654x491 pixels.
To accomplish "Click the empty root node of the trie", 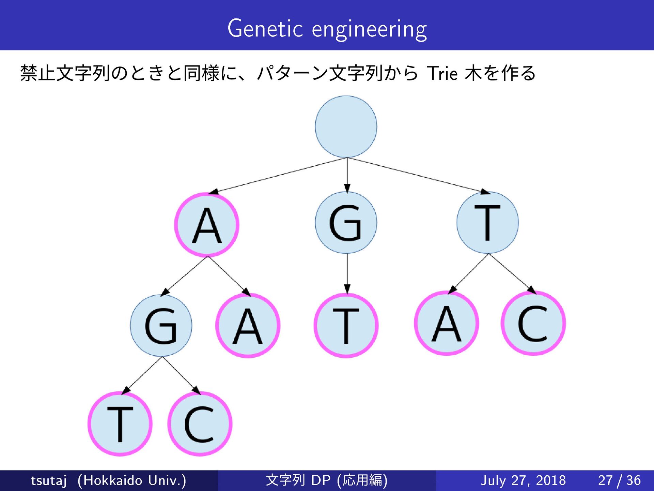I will click(346, 127).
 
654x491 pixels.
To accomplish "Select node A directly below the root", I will click(207, 225).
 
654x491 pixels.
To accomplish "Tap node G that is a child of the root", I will click(346, 223).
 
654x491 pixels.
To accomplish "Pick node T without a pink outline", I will click(487, 223).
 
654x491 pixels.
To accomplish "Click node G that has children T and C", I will click(161, 326).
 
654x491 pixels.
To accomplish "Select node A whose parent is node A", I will click(248, 326).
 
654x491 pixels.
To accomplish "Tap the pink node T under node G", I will click(346, 326).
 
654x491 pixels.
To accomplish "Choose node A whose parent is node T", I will click(446, 323).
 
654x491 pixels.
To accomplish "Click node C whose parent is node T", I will click(533, 323).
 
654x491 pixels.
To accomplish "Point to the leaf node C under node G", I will click(200, 424).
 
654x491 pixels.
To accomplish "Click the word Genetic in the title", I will click(265, 29).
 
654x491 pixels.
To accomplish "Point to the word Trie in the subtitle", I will click(442, 73).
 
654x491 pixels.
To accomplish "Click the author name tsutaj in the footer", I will click(48, 480).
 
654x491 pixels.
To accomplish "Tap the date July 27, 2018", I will click(523, 480).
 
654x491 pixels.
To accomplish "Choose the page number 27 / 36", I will click(619, 480).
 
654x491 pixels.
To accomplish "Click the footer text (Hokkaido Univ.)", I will click(132, 480).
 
